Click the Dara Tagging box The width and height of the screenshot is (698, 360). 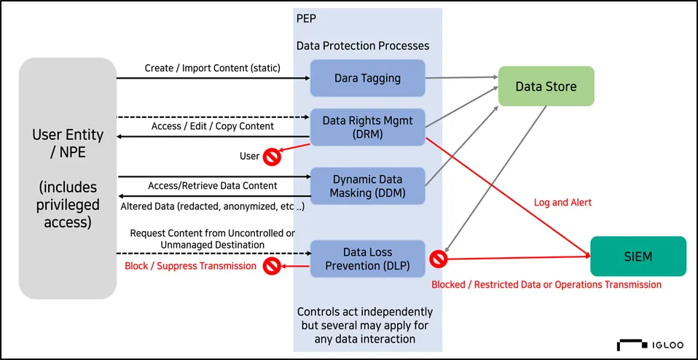[368, 78]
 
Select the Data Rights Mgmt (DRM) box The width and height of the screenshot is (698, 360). [368, 127]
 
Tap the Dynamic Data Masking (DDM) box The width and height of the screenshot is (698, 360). [368, 186]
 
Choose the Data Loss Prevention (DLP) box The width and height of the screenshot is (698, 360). [368, 259]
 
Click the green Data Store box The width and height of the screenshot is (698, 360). [546, 86]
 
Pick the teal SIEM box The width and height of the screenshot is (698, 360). [638, 257]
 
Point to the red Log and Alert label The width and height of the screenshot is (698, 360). [562, 203]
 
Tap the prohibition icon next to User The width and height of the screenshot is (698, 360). [270, 157]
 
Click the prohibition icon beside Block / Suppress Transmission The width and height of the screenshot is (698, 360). [271, 267]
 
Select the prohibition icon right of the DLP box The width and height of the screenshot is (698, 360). [438, 259]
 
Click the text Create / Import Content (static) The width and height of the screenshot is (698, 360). [213, 69]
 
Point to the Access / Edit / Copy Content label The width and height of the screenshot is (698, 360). [213, 126]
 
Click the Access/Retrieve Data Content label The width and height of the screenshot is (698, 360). [213, 185]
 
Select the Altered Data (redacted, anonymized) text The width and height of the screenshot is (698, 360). [213, 207]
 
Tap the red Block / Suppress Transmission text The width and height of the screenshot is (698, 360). [190, 266]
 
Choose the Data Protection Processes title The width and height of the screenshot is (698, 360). [363, 46]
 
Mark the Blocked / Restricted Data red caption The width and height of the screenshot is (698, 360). [546, 284]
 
